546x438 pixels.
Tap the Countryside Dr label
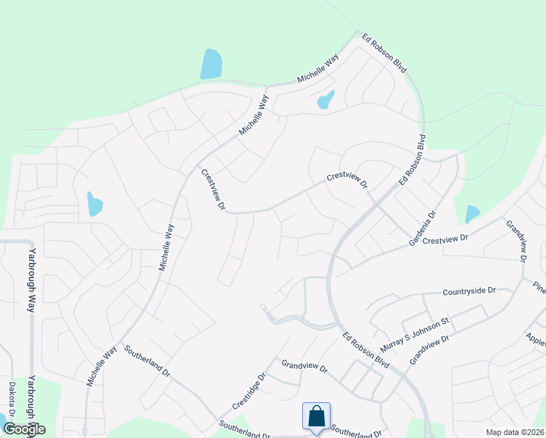(x=469, y=291)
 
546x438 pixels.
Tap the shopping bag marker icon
(x=316, y=417)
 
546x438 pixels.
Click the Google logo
(x=24, y=429)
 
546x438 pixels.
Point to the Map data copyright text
(x=515, y=432)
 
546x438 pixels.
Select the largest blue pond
(x=210, y=64)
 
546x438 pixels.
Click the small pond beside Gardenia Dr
(x=472, y=214)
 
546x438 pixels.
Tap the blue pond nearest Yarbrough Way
(x=94, y=204)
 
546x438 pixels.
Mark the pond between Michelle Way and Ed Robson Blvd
(x=326, y=99)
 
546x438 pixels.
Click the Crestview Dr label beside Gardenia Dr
(x=445, y=239)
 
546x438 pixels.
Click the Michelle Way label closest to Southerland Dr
(x=101, y=366)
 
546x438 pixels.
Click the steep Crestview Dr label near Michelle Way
(x=212, y=190)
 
